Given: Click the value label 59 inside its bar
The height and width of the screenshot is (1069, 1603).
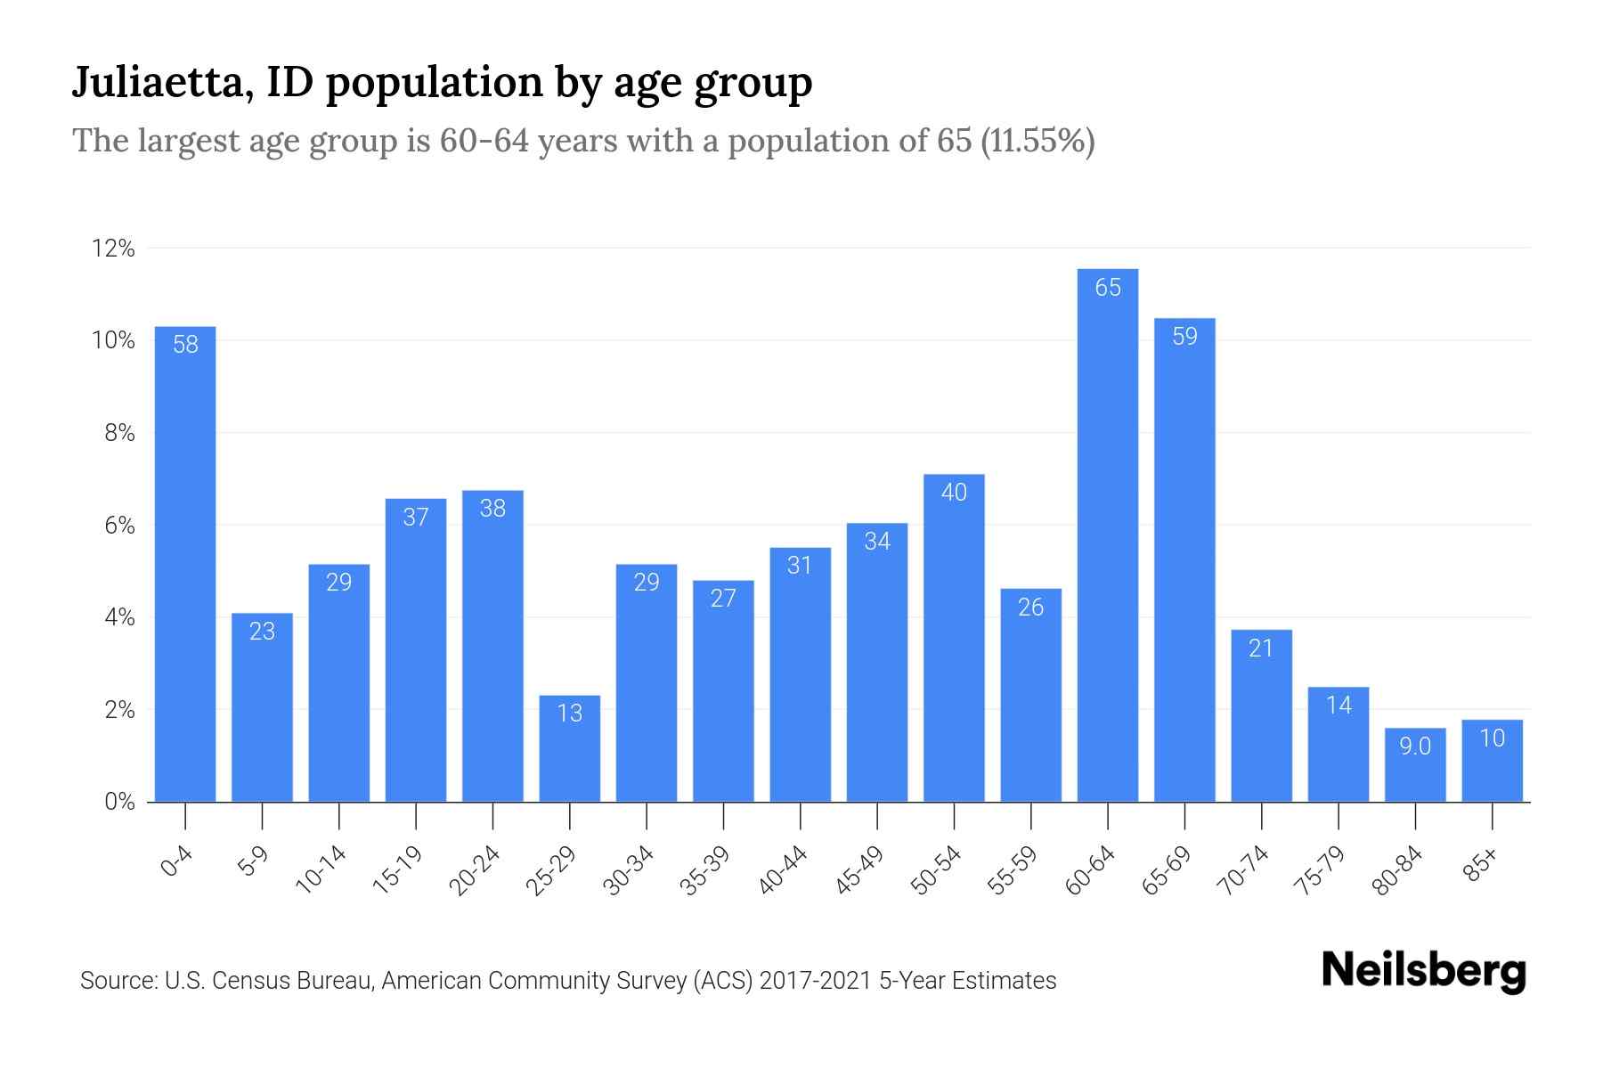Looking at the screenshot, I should coord(1184,337).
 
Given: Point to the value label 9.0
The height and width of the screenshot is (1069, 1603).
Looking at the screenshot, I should coord(1414,747).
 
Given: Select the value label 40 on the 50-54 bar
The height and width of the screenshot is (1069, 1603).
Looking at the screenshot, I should coord(954,493).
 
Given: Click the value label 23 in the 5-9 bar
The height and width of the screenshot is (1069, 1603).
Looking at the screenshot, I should coord(262,632).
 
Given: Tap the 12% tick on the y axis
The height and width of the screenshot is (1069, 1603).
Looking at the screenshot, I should coord(113,249).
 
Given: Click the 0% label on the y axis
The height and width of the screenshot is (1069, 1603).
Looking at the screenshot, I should coord(118,802).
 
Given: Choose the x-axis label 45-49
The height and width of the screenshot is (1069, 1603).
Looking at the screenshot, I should coord(860,870).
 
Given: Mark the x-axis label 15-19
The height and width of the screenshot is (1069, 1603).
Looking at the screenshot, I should coord(399,870).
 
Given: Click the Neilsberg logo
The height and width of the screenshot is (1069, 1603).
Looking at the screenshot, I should coord(1422,971).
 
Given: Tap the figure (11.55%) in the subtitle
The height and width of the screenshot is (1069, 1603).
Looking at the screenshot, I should coord(1037,141).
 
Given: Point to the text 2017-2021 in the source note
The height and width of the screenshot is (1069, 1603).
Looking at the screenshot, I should coord(816,981).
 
